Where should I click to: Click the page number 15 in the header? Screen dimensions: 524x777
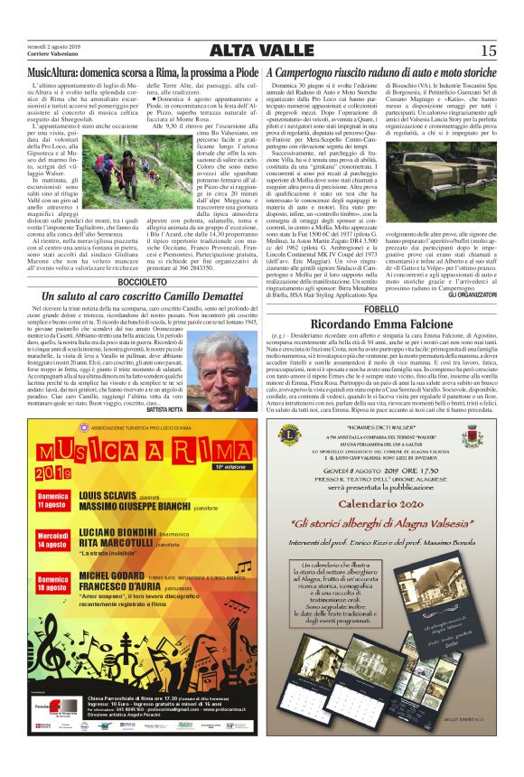point(488,51)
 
